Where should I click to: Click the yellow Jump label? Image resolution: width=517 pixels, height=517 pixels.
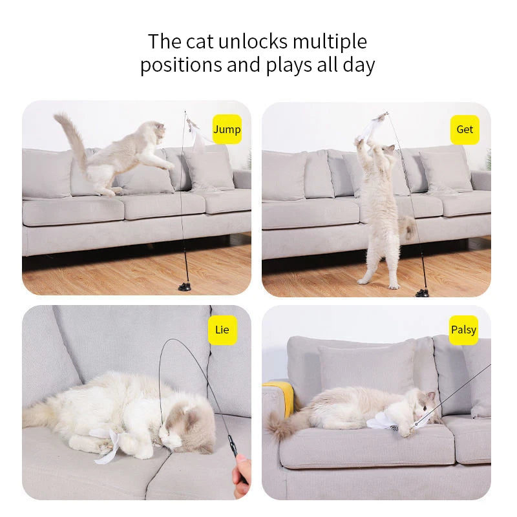227,129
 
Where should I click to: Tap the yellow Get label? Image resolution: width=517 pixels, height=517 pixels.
465,129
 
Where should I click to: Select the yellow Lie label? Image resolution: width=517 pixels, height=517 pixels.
222,330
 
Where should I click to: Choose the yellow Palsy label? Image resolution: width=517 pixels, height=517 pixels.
463,330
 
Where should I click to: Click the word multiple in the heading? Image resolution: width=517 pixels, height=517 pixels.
330,42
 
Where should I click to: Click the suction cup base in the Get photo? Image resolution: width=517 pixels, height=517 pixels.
423,292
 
